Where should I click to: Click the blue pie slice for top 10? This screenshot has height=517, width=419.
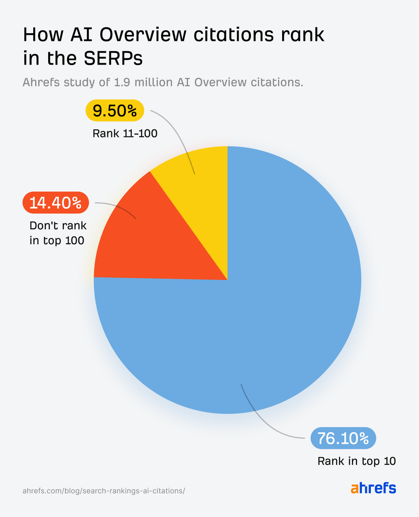pyautogui.click(x=276, y=310)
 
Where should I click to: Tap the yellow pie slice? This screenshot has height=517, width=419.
pyautogui.click(x=198, y=172)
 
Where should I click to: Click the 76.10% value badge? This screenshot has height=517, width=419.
pyautogui.click(x=343, y=439)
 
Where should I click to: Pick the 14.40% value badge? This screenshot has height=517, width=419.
pyautogui.click(x=55, y=202)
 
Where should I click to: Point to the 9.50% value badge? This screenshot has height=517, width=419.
pyautogui.click(x=115, y=111)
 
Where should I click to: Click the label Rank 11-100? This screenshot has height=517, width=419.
pyautogui.click(x=125, y=134)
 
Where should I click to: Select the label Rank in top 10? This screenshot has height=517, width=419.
pyautogui.click(x=357, y=461)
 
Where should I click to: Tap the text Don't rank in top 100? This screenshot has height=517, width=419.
pyautogui.click(x=58, y=233)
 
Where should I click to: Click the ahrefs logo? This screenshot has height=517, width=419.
pyautogui.click(x=373, y=488)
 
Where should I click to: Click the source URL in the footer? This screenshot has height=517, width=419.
pyautogui.click(x=103, y=491)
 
